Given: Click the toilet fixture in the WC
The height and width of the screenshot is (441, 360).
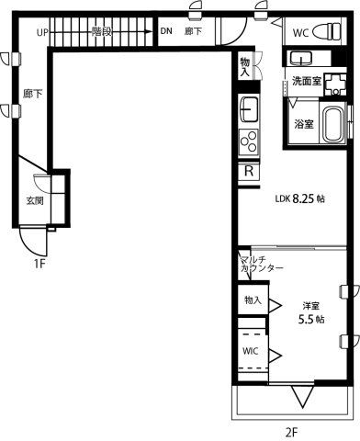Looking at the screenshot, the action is (327, 31).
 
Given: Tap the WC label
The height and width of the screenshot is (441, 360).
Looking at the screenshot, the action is (301, 33).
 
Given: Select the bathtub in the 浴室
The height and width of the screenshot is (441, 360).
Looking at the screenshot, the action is (333, 125).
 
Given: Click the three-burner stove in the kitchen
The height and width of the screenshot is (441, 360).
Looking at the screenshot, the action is (249, 141).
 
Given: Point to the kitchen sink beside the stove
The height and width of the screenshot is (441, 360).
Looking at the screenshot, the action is (249, 109).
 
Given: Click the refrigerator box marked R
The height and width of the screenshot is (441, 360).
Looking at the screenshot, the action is (249, 171).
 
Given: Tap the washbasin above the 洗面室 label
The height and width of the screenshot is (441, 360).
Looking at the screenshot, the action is (301, 58).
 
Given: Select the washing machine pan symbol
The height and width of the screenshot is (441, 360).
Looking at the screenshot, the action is (335, 84).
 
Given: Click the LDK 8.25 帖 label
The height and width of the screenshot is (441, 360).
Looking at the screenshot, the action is (300, 199).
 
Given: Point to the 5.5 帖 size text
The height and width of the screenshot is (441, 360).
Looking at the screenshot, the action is (311, 320).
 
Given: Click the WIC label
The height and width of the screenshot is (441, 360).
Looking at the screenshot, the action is (251, 351).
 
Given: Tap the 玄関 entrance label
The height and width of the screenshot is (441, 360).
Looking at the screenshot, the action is (35, 201).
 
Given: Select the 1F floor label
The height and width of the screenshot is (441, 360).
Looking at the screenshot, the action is (39, 264).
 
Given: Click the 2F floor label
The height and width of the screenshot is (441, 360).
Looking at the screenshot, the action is (291, 433).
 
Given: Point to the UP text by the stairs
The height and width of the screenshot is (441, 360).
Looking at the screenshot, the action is (42, 32).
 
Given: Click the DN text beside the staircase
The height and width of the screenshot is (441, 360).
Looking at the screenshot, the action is (166, 31).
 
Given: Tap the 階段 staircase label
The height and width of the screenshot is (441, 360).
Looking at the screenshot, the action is (102, 31).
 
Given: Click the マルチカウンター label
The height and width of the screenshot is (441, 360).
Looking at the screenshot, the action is (261, 265).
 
